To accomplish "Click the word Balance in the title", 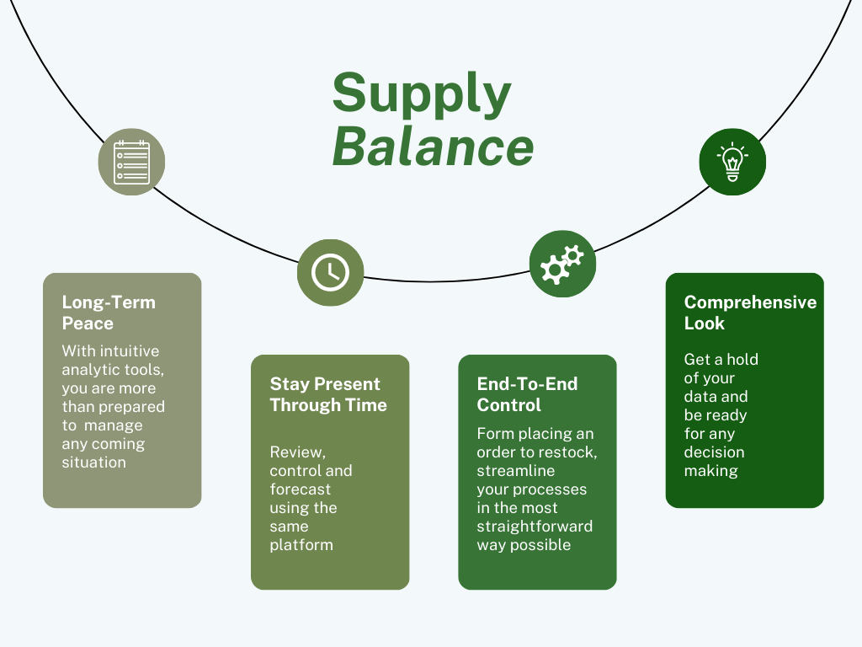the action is pos(434,147).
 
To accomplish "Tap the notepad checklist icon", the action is pos(131,162).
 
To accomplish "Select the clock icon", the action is pos(330,272).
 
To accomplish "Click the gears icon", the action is pos(561,264).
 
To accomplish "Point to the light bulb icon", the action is pos(732,161).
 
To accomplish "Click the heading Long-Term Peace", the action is pos(109,313).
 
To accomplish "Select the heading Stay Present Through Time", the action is pos(328,394).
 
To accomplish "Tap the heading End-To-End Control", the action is pos(527,394).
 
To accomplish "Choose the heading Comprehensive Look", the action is pos(750,313).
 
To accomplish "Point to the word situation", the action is pos(94,463).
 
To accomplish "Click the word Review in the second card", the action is pos(297,452).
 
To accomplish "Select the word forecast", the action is pos(301,489).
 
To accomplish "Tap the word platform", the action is pos(301,545).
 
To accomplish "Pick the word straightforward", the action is pos(535,527).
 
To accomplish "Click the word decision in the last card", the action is pos(714,452).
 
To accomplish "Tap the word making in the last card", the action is pos(710,471).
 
